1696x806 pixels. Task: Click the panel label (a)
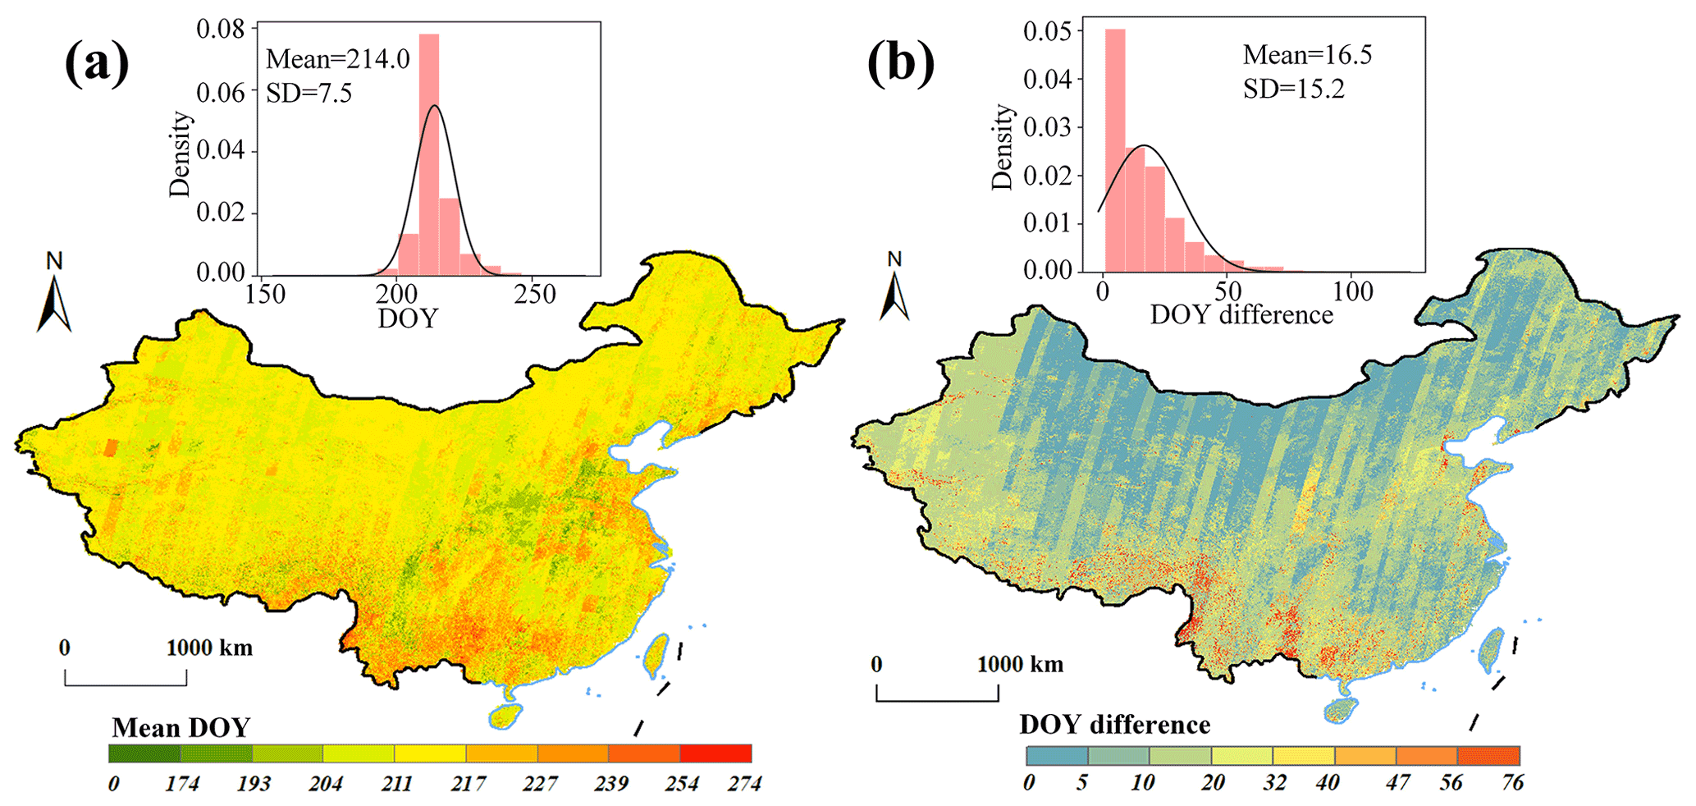[x=97, y=63]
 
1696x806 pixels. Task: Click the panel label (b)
[x=900, y=63]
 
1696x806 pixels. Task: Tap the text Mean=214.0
[x=338, y=60]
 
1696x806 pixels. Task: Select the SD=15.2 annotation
[x=1294, y=89]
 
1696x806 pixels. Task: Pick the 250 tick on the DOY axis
[x=535, y=294]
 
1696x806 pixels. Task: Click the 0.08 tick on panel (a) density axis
[x=221, y=30]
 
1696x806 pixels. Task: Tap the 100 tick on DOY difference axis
[x=1352, y=291]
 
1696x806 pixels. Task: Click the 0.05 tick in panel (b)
[x=1048, y=31]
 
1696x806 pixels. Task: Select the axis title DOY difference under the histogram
[x=1241, y=315]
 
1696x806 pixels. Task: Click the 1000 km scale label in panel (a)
[x=209, y=648]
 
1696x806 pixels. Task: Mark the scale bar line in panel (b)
[x=937, y=700]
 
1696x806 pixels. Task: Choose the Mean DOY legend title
[x=181, y=728]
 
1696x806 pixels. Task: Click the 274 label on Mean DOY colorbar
[x=744, y=785]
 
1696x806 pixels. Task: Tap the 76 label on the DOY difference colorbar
[x=1512, y=783]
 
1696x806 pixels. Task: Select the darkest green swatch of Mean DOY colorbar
[x=144, y=753]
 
